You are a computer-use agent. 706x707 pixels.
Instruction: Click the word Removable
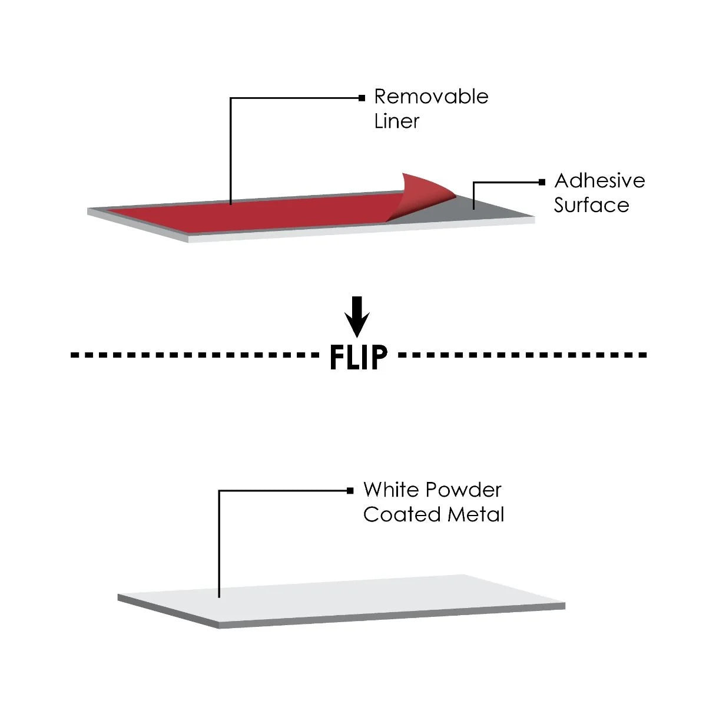coord(431,97)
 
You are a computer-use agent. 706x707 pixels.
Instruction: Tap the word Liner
coord(396,121)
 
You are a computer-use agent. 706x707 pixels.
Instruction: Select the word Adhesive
coord(599,181)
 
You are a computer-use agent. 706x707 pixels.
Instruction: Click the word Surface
coord(591,206)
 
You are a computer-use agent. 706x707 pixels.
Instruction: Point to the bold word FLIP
coord(359,356)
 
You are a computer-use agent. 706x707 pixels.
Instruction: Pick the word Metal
coord(476,514)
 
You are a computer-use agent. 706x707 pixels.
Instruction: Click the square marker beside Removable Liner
coord(362,98)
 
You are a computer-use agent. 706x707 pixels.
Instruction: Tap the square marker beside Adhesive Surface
coord(542,183)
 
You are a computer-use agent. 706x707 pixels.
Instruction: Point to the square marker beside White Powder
coord(350,490)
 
